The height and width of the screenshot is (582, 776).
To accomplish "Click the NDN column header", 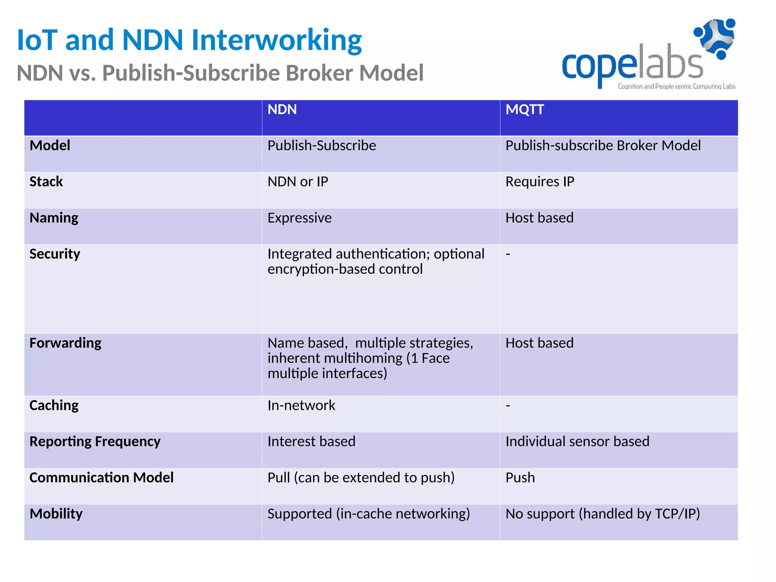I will (282, 110).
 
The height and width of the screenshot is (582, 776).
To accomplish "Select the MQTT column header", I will (524, 110).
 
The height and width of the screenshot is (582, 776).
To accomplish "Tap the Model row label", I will (50, 145).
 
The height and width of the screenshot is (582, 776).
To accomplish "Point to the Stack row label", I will (46, 181).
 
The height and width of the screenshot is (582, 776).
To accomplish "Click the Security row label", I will (55, 254).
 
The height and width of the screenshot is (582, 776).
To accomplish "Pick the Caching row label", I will (54, 405).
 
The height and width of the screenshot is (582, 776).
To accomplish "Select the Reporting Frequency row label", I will (95, 441).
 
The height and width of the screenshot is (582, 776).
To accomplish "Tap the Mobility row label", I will (56, 514).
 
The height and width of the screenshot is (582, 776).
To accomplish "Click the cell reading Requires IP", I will (540, 181).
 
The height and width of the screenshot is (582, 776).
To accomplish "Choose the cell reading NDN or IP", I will (298, 181).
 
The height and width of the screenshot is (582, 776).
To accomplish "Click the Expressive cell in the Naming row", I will (299, 218).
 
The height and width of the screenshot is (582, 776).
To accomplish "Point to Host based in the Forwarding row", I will (539, 343).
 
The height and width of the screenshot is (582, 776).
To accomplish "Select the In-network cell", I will (301, 405).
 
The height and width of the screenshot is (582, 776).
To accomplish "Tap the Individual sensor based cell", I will (577, 441).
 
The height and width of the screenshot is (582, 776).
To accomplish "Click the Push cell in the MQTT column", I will (520, 478).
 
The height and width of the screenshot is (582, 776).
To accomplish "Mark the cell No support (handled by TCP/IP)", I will (602, 514).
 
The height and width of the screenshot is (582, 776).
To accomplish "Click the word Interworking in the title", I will (277, 40).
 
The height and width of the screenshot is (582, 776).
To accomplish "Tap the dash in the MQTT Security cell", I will (508, 254).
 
